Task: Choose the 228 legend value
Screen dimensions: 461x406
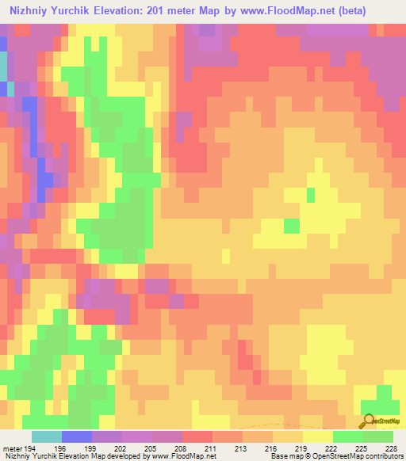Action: pos(392,448)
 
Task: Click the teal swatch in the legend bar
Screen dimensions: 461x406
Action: pos(47,436)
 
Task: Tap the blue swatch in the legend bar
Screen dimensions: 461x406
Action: pos(77,436)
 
